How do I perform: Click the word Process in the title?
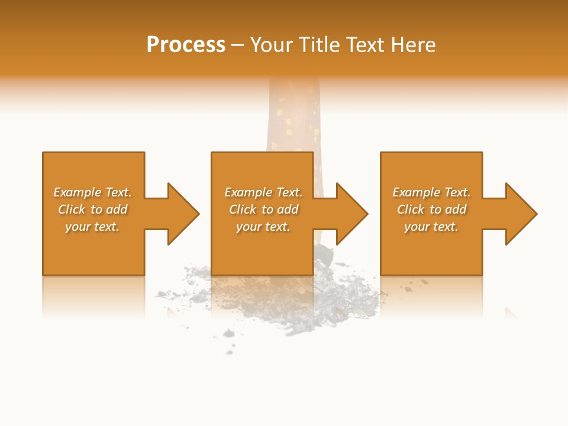click(186, 45)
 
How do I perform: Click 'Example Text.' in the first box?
click(92, 192)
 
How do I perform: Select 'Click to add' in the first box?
click(92, 209)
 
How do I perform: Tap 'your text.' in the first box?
click(92, 227)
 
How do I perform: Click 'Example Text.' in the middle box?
click(263, 192)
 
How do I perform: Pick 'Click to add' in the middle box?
click(263, 209)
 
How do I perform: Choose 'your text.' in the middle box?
click(263, 227)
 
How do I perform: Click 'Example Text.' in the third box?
click(431, 192)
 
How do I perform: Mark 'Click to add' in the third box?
click(431, 209)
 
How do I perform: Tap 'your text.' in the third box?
click(431, 227)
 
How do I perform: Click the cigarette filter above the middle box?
click(294, 118)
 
